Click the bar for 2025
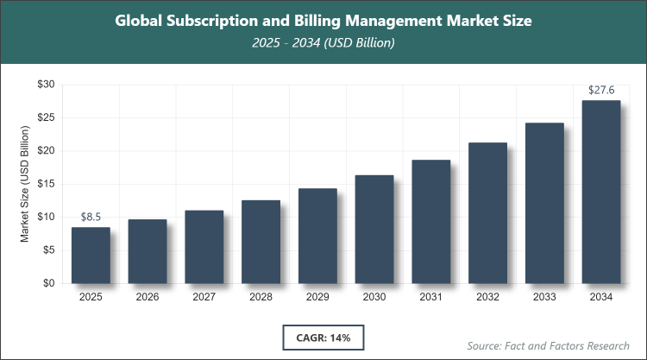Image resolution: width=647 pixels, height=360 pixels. coord(91,256)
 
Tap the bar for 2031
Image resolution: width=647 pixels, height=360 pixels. coord(431,222)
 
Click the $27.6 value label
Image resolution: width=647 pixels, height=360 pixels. coord(601,90)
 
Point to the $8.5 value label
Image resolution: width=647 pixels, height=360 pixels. coord(91,217)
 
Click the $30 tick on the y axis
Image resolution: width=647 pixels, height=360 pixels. coord(45,85)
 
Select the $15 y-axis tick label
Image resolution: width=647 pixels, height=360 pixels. coord(45,184)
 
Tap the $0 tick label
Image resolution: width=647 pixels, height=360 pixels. coord(48,283)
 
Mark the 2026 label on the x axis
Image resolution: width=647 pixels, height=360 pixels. coord(148,297)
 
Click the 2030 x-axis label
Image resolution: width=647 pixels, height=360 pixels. coord(374,297)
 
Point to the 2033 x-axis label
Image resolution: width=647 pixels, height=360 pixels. coord(544,297)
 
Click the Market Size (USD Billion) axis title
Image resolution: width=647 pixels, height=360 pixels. coord(25,184)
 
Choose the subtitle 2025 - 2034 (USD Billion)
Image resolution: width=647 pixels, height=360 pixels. coord(323,43)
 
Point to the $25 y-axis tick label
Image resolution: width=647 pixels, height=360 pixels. coord(45,117)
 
